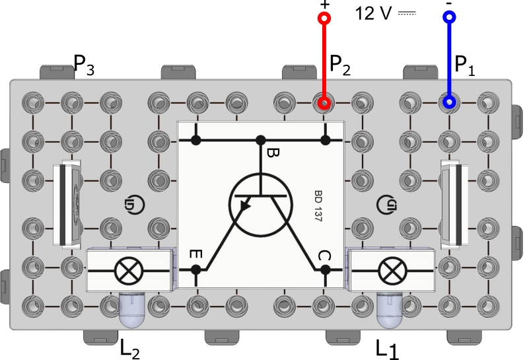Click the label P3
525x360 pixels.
84,63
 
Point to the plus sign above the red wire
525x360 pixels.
324,4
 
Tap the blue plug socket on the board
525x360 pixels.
449,102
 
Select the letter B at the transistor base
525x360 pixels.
273,155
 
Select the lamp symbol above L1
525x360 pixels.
391,270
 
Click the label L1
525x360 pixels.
388,347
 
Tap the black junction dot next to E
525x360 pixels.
196,270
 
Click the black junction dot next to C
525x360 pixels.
324,270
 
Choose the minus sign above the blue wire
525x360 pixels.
449,3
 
